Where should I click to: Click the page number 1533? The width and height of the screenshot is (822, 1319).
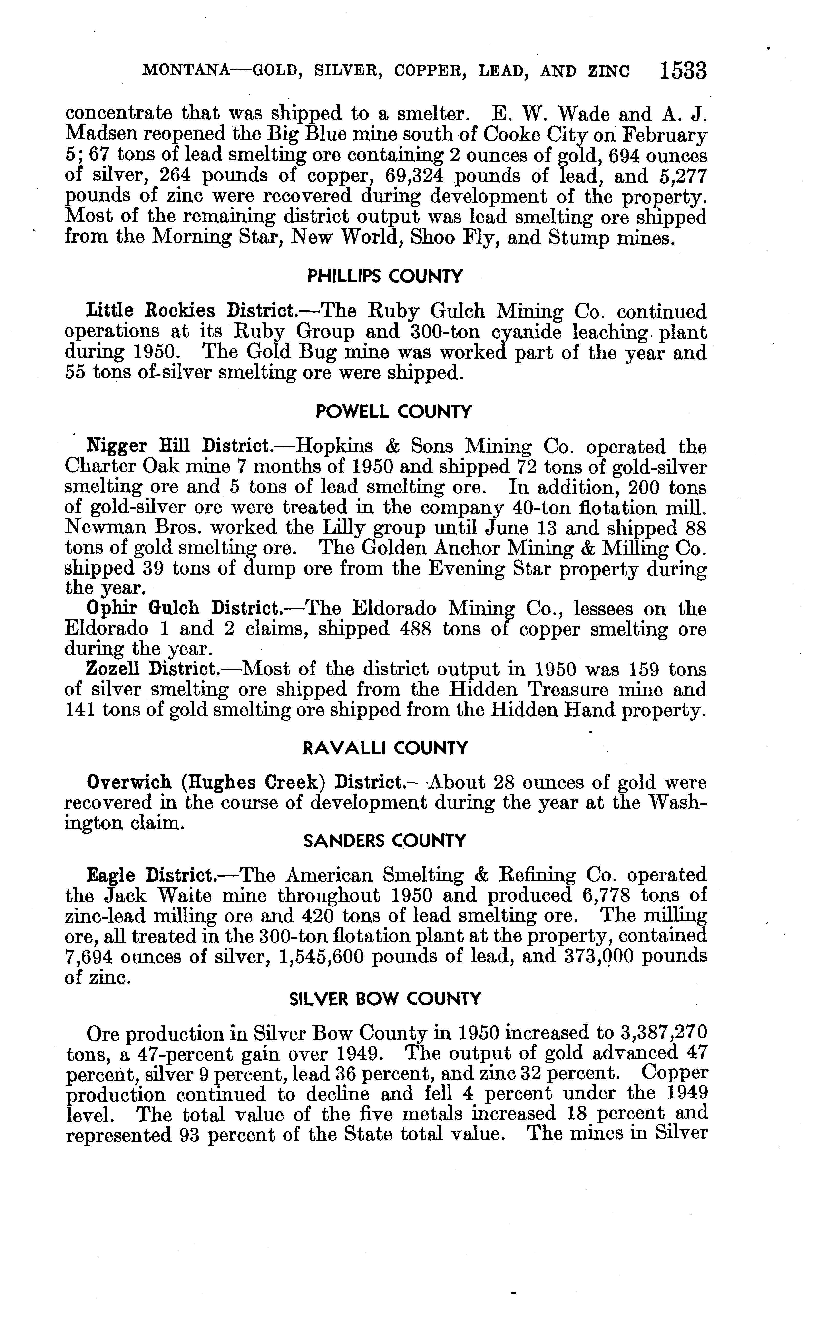[683, 71]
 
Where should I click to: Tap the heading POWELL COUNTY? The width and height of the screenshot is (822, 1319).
[394, 412]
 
